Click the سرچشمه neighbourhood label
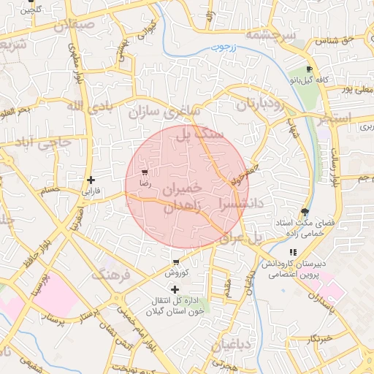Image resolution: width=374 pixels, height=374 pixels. (x=271, y=34)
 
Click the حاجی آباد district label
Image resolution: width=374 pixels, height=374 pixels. (x=37, y=142)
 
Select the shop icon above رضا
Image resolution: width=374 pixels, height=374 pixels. (x=145, y=173)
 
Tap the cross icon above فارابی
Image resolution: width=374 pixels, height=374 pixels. (x=91, y=180)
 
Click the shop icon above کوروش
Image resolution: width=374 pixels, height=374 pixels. (x=176, y=262)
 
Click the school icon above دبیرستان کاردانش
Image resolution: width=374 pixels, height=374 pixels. (x=293, y=252)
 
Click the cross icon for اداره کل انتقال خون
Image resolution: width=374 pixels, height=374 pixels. (x=174, y=290)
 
